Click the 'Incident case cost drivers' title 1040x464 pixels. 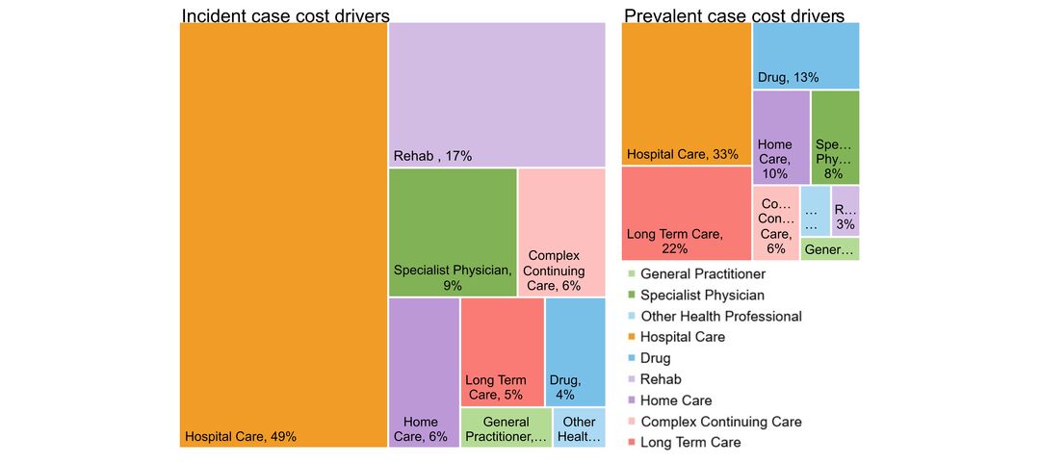285,15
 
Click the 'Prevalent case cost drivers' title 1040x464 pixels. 734,15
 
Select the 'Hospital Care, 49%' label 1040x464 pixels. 241,436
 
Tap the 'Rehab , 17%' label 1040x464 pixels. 432,156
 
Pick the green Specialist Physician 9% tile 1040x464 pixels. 453,231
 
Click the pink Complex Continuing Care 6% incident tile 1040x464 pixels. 561,231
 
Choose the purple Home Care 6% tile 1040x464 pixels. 425,372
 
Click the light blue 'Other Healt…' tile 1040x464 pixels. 579,428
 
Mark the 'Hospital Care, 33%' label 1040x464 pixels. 683,154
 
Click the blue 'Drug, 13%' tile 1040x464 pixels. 806,56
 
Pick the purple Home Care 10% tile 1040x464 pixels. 781,137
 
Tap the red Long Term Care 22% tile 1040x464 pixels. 686,214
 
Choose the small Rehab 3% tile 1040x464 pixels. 845,211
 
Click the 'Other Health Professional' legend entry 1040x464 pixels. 720,316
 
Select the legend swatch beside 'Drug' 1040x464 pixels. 631,358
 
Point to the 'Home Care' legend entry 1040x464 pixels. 676,400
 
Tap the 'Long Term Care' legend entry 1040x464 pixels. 690,442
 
